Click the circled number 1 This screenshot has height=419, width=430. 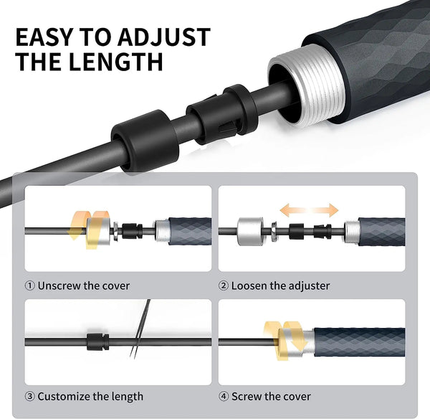(x=29, y=286)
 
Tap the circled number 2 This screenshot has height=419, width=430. (x=224, y=286)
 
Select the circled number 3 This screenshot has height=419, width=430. (x=29, y=396)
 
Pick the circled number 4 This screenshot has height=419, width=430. (x=224, y=396)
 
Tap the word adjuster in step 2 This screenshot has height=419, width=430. (x=309, y=286)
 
